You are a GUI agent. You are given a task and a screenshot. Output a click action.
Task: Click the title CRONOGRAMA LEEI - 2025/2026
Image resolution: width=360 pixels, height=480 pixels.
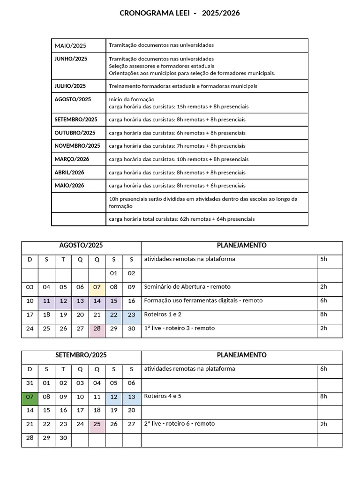click(x=180, y=13)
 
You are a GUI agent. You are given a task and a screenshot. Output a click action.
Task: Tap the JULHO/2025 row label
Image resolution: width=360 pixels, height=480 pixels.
click(x=70, y=86)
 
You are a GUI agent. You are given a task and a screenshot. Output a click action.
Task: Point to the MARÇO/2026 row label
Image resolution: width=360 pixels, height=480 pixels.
click(x=72, y=159)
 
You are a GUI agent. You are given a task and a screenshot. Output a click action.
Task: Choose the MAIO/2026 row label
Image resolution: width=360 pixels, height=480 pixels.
click(x=69, y=185)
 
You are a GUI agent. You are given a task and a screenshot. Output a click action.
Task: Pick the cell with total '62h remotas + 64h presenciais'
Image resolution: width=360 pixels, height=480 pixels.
click(x=182, y=219)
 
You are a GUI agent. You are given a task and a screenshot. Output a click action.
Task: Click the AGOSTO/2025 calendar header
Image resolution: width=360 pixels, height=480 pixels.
click(x=81, y=245)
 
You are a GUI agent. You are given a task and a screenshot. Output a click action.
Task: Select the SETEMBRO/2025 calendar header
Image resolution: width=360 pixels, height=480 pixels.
click(x=81, y=355)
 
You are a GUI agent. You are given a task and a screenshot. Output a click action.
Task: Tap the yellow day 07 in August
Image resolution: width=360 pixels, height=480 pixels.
click(x=97, y=287)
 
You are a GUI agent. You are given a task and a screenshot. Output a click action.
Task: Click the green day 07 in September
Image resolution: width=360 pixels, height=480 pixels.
click(x=30, y=397)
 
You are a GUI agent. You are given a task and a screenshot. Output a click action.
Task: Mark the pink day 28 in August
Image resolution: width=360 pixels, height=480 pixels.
click(x=97, y=329)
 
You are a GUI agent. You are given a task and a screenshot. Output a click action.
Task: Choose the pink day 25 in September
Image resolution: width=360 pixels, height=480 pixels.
click(x=97, y=424)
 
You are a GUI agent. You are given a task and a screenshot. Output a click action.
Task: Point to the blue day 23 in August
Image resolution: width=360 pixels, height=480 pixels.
click(x=131, y=315)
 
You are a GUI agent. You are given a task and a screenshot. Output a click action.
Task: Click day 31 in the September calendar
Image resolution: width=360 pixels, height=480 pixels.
click(x=30, y=382)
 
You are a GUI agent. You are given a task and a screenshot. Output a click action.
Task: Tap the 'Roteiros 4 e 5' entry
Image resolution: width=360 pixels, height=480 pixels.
click(x=163, y=396)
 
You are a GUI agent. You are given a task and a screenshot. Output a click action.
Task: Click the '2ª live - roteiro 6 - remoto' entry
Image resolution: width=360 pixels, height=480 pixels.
click(x=180, y=424)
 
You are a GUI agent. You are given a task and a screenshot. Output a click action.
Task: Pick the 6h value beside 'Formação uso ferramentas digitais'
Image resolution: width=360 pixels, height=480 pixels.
click(x=323, y=300)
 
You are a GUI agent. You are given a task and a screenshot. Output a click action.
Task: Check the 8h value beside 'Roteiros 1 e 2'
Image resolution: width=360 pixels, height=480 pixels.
click(x=323, y=314)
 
